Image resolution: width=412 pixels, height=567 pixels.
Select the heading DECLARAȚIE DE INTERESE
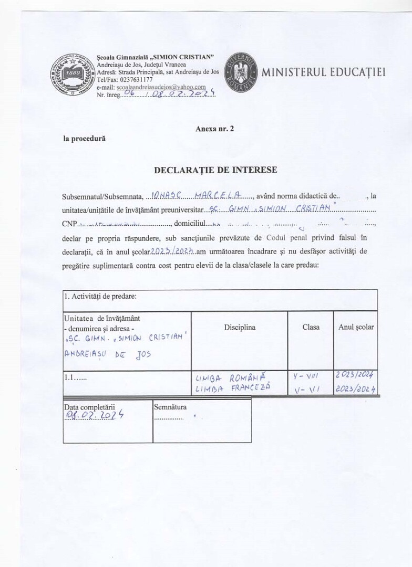pyautogui.click(x=215, y=170)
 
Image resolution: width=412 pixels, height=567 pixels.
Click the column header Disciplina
pyautogui.click(x=240, y=327)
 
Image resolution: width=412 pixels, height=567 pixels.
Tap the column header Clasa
pyautogui.click(x=311, y=327)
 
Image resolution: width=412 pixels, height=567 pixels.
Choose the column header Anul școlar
pyautogui.click(x=356, y=327)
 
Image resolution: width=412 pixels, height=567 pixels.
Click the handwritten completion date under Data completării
pyautogui.click(x=94, y=415)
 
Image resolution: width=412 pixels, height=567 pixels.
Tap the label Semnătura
pyautogui.click(x=170, y=406)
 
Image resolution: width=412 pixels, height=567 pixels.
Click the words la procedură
pyautogui.click(x=84, y=139)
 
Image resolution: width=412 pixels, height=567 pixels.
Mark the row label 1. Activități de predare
pyautogui.click(x=100, y=297)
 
